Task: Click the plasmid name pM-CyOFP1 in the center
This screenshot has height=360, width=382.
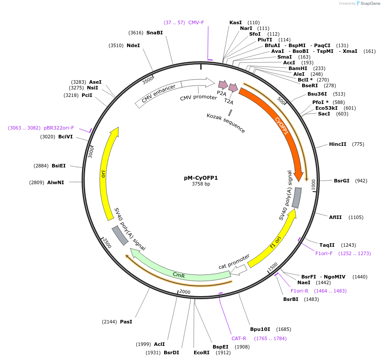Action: click(x=201, y=178)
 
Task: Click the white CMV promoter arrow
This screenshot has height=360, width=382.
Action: click(x=196, y=84)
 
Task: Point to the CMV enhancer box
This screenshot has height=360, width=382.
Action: click(x=158, y=94)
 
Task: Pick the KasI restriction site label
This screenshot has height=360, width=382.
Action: click(x=236, y=22)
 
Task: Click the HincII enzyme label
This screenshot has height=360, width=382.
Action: click(x=337, y=144)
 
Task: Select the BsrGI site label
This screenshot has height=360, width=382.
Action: click(x=341, y=181)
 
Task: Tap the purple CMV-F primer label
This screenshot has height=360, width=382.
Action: click(x=196, y=22)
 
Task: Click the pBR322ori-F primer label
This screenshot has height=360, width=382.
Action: click(x=59, y=128)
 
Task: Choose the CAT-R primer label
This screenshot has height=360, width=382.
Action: click(x=239, y=338)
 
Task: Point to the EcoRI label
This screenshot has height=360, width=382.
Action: click(x=201, y=353)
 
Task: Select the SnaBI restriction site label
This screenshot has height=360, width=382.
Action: click(x=154, y=33)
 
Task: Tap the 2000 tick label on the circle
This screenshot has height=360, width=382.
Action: click(x=184, y=292)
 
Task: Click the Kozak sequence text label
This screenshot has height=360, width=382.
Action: click(x=225, y=122)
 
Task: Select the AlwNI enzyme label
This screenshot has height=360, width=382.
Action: click(x=56, y=182)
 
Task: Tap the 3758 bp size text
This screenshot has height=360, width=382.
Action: click(x=201, y=184)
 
